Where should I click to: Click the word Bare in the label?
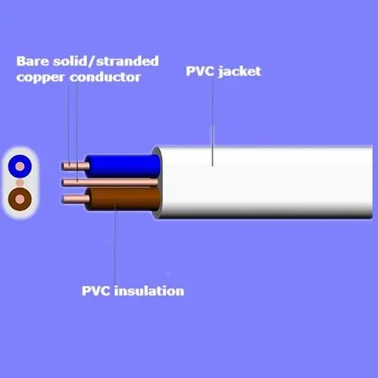point(32,61)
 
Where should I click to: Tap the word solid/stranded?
point(106,61)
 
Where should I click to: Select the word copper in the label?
point(40,78)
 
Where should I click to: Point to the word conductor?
point(105,77)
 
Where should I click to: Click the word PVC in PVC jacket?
point(200,72)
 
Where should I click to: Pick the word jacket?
point(240,72)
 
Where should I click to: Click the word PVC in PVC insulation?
point(96,291)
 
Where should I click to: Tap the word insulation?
point(149,290)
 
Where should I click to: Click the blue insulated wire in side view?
point(123,166)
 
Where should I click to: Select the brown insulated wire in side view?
point(123,199)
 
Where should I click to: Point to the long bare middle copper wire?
point(110,183)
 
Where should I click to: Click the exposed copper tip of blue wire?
point(75,166)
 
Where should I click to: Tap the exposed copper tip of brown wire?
point(75,199)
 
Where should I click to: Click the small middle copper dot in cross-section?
point(20,183)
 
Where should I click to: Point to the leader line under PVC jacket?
point(213,121)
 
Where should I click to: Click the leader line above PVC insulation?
point(115,245)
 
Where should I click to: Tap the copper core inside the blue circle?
point(20,166)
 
